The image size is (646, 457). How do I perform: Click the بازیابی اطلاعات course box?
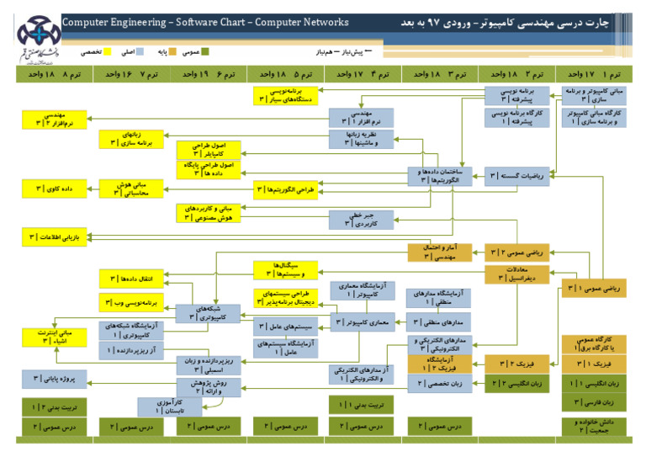55,237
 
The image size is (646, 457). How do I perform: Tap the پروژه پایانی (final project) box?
55,378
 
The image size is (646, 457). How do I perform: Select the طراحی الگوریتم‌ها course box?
286,190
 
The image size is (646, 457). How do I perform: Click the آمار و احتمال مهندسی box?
438,252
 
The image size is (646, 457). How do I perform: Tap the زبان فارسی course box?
594,402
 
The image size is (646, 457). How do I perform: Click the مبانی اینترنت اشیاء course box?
55,337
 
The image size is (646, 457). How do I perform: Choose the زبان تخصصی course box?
438,384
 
